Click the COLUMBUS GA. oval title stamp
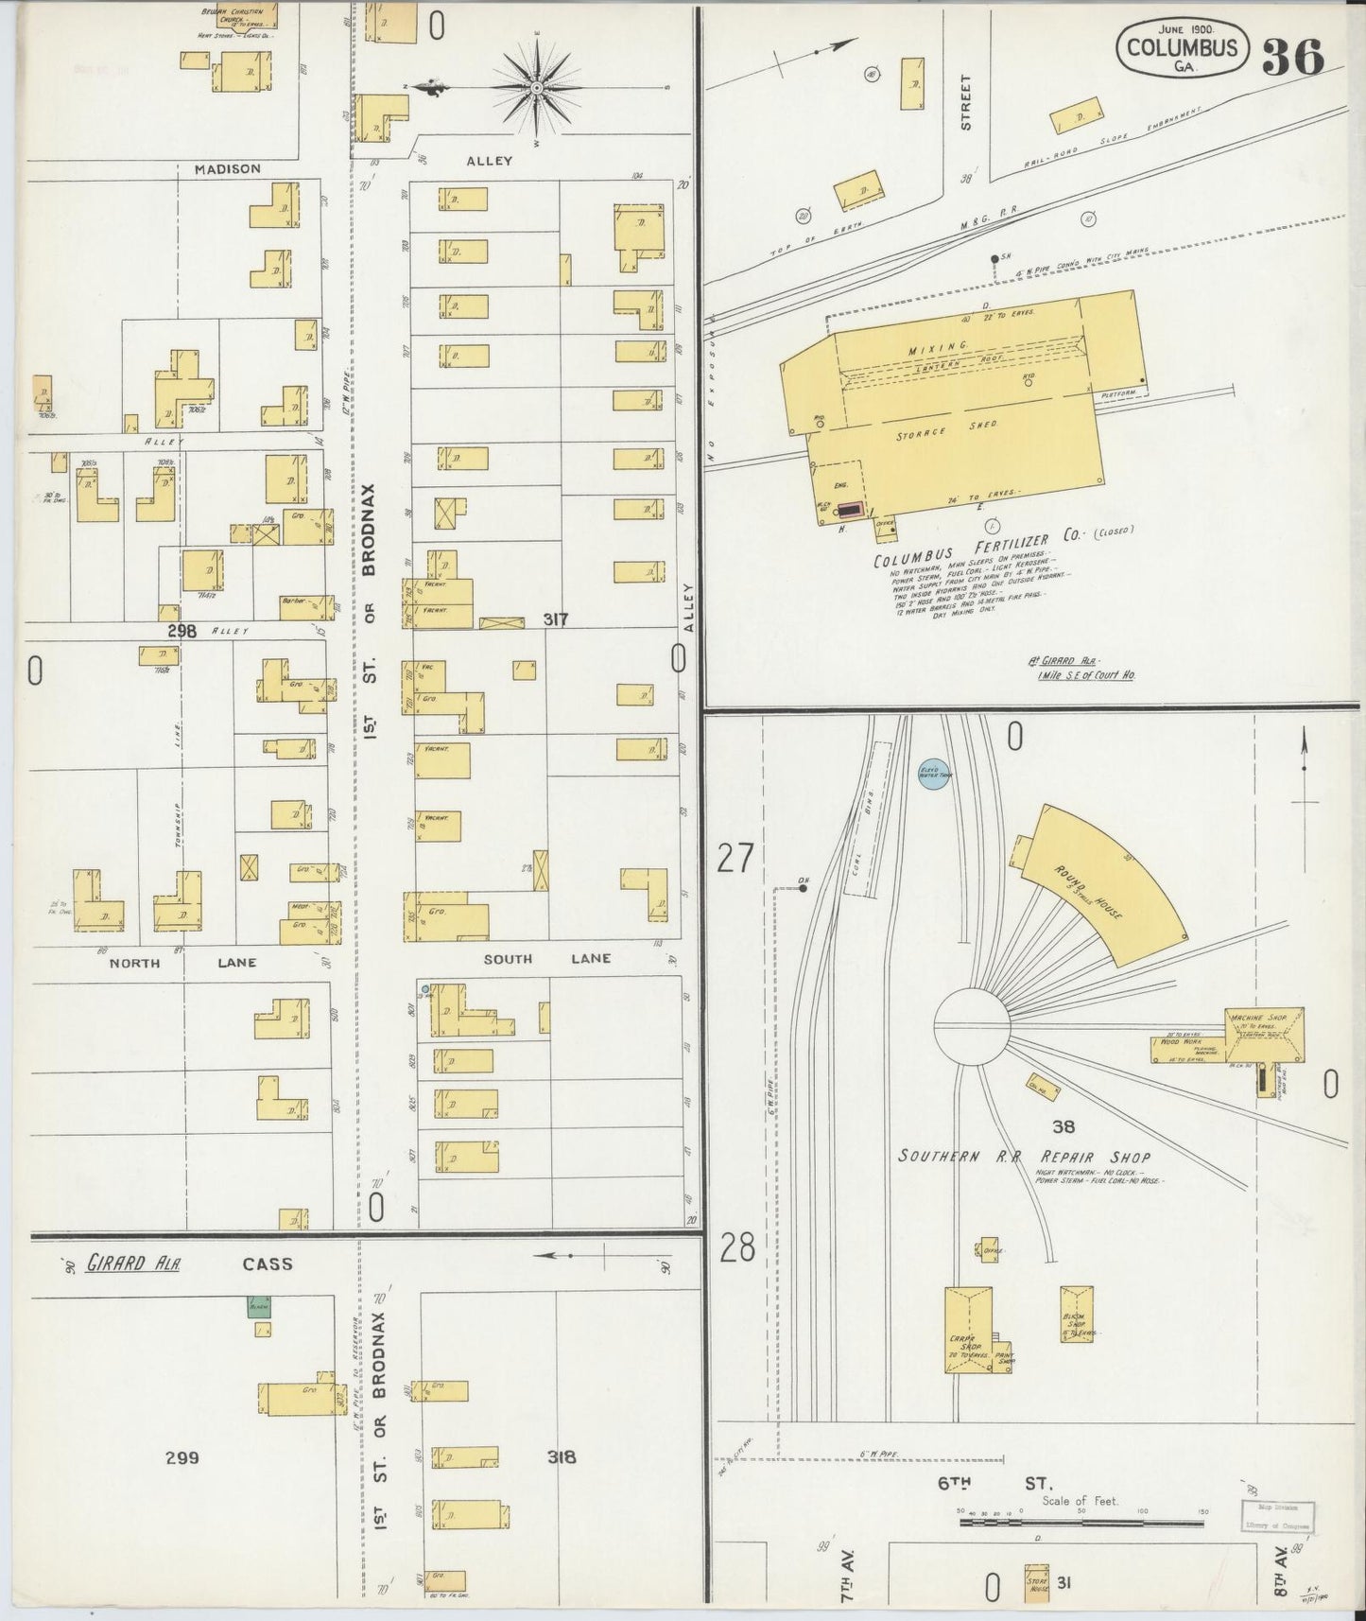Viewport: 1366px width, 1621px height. [1183, 48]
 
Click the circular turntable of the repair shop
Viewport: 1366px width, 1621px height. [972, 1025]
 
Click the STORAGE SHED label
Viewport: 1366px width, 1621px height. [946, 431]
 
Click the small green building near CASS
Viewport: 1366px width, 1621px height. [258, 1308]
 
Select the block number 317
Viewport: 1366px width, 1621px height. [555, 619]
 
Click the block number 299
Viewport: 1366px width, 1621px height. [182, 1457]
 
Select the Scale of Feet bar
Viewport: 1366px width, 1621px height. [1081, 1522]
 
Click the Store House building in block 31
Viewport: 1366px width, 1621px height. [1038, 1581]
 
